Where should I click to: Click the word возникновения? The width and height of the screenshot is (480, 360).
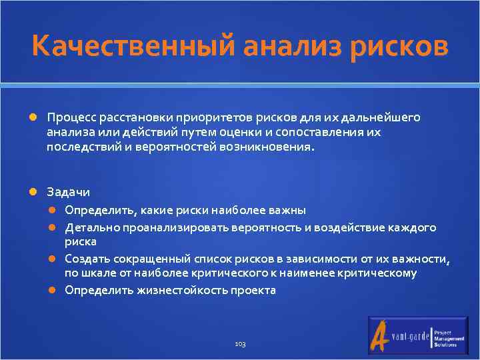click(271, 147)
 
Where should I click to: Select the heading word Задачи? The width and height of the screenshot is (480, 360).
click(68, 192)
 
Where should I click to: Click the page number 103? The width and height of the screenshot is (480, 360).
click(240, 343)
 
